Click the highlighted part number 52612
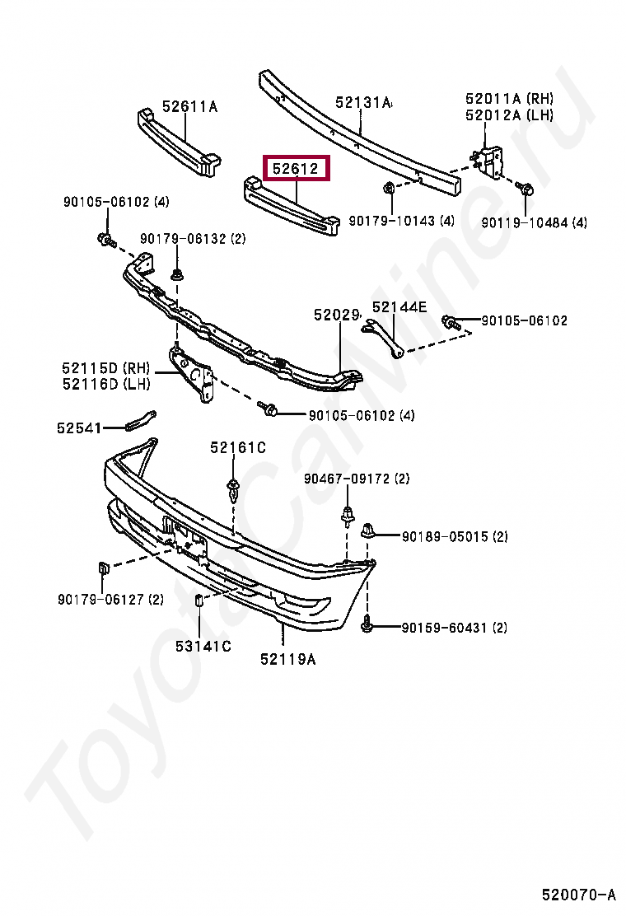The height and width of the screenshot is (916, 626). click(x=296, y=170)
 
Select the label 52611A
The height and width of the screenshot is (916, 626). click(x=189, y=105)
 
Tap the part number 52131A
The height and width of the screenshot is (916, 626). click(x=363, y=103)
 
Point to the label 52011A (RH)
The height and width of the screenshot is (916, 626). click(x=509, y=99)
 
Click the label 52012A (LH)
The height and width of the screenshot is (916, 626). click(x=509, y=115)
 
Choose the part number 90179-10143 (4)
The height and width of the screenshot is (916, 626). click(x=401, y=221)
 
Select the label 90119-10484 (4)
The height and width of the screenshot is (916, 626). click(x=535, y=222)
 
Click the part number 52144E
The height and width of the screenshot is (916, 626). click(x=399, y=307)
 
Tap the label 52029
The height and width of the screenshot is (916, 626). click(x=337, y=315)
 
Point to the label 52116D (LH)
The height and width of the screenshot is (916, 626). click(x=106, y=384)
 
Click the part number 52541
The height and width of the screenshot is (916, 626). click(x=79, y=428)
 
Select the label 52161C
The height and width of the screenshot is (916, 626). click(x=237, y=447)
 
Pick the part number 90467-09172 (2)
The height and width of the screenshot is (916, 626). click(x=356, y=479)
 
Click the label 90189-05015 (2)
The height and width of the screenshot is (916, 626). click(x=455, y=536)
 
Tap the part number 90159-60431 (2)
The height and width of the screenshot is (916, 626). click(x=455, y=628)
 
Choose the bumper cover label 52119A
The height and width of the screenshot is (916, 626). click(x=287, y=659)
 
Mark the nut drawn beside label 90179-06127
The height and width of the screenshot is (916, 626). click(x=104, y=568)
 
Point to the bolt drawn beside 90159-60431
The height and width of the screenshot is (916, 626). click(x=367, y=626)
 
